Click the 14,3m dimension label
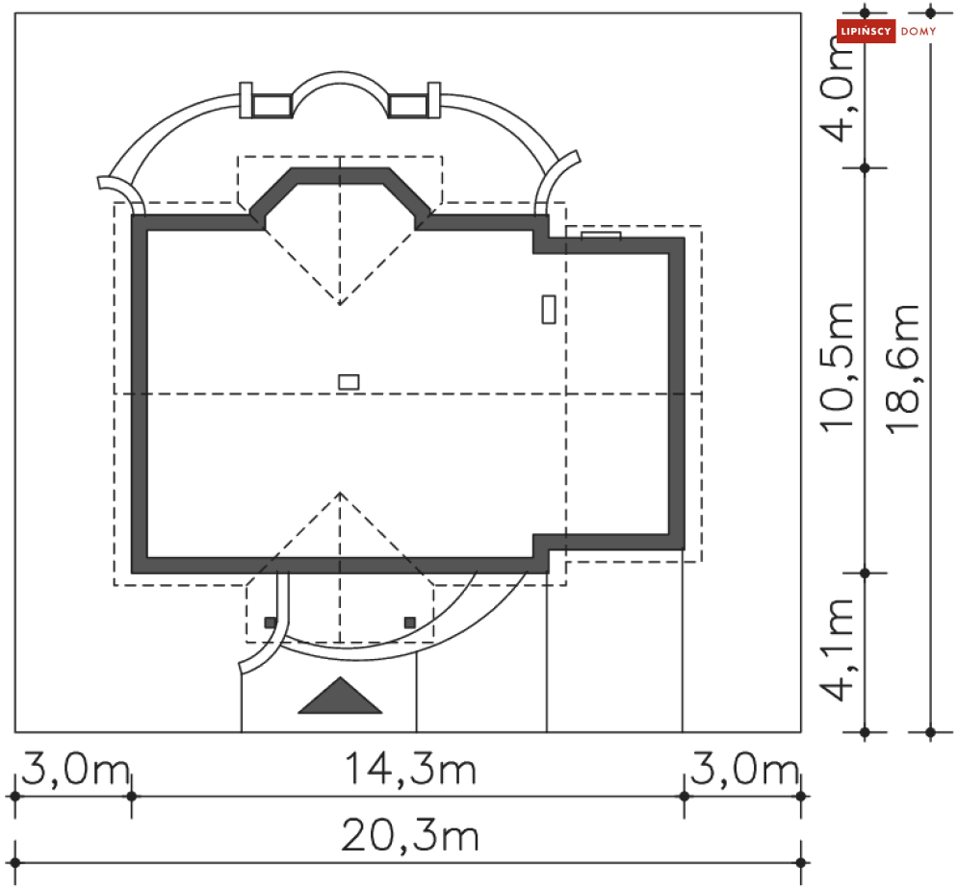410,770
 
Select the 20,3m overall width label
410,836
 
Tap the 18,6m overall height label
902,368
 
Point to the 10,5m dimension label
837,368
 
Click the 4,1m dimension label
837,649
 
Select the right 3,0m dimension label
744,770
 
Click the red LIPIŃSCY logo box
866,31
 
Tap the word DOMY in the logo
919,31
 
